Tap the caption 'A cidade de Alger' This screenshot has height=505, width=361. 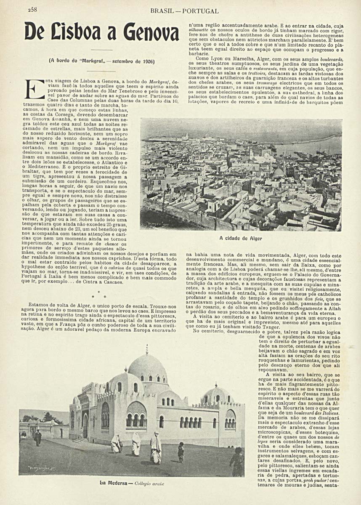[241, 238]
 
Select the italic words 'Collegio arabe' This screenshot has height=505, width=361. [149, 484]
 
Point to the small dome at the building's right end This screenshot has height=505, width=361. [217, 393]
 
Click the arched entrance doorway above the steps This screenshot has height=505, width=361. [85, 425]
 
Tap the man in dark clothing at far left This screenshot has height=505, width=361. [38, 438]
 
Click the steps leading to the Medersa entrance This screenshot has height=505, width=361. [80, 440]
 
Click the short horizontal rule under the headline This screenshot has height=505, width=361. [101, 50]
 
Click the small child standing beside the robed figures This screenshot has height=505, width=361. [181, 452]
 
